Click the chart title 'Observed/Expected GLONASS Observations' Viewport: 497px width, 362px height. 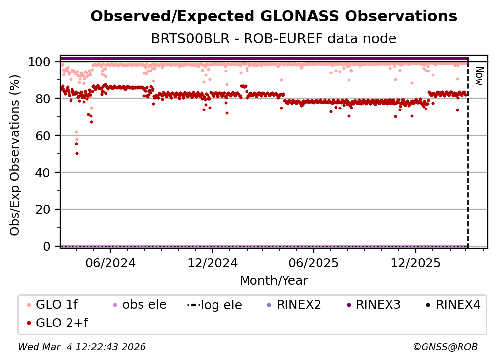click(x=274, y=16)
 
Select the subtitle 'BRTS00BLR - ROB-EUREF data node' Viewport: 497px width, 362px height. click(x=274, y=38)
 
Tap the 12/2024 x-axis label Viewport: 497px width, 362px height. click(x=212, y=263)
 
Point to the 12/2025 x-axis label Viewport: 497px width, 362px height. click(x=415, y=263)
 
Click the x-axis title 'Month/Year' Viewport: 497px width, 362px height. click(x=274, y=281)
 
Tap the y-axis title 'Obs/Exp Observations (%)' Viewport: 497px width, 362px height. click(x=15, y=155)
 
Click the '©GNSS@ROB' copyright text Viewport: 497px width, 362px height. click(x=445, y=347)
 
